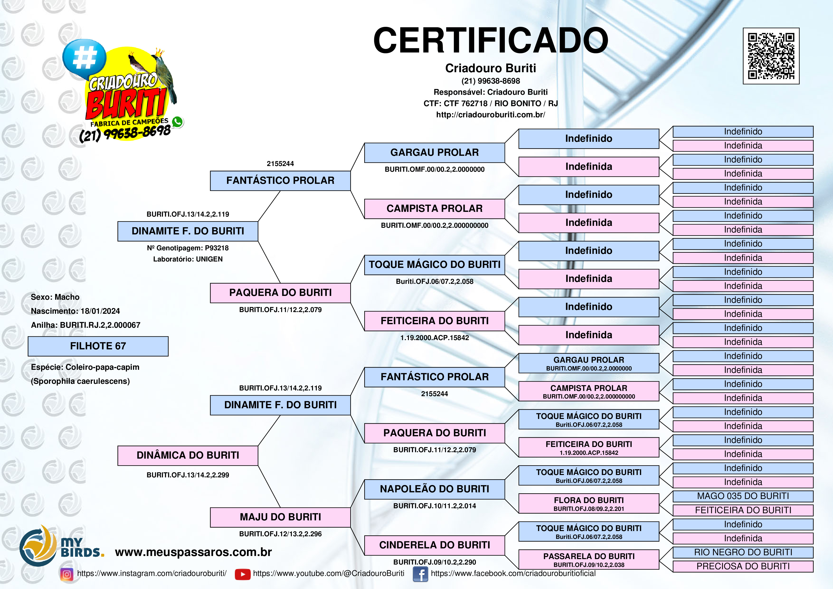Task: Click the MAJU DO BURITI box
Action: pyautogui.click(x=280, y=517)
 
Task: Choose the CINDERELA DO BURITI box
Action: pyautogui.click(x=434, y=545)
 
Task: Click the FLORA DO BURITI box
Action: pyautogui.click(x=588, y=503)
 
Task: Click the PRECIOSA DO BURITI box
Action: pyautogui.click(x=743, y=566)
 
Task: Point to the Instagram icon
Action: pyautogui.click(x=66, y=574)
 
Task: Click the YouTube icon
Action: pyautogui.click(x=242, y=574)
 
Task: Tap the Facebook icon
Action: pyautogui.click(x=420, y=574)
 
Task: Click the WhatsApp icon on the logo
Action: pyautogui.click(x=177, y=122)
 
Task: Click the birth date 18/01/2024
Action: pyautogui.click(x=100, y=311)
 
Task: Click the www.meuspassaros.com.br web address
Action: pyautogui.click(x=193, y=552)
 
